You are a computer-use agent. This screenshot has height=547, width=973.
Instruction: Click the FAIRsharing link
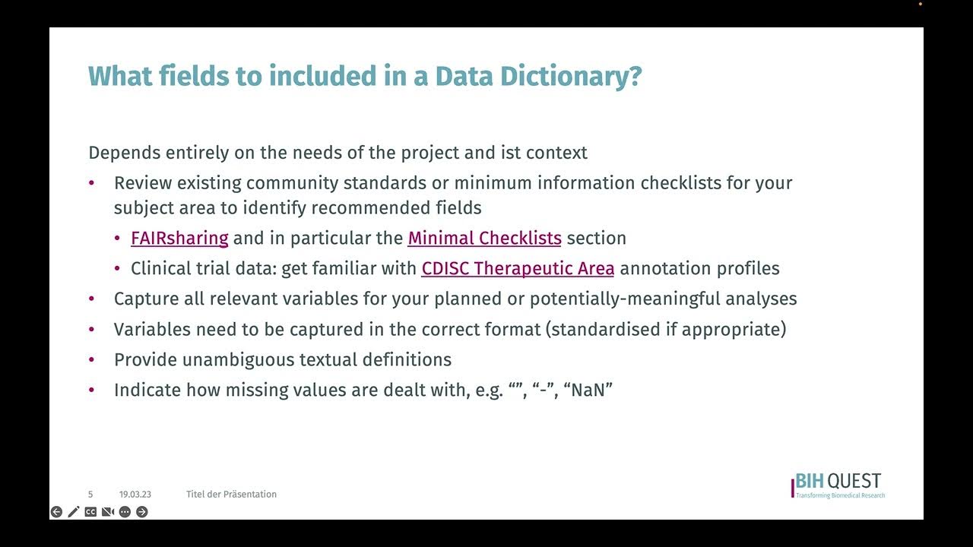pos(179,238)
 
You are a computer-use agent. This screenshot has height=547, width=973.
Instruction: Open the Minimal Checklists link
pos(484,238)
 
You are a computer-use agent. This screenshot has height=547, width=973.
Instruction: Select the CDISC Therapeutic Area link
pos(518,268)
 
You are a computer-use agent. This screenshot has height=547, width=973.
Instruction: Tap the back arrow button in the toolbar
pos(56,512)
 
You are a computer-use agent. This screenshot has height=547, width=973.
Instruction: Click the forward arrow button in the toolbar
pos(142,512)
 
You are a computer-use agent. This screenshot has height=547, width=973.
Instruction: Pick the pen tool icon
pos(74,512)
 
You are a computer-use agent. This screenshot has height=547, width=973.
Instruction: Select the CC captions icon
pos(90,512)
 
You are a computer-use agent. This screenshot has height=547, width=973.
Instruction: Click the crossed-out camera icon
pos(108,512)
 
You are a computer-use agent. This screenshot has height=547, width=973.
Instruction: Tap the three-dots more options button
pos(125,512)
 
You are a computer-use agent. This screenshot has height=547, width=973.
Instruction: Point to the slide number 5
pos(90,495)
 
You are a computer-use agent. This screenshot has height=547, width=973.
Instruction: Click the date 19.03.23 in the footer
pos(135,495)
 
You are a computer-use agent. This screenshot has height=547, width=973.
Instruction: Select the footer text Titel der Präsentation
pos(231,495)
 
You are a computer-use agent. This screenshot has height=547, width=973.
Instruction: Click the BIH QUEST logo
pos(838,485)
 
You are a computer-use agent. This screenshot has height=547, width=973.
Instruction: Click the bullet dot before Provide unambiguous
pos(92,359)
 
